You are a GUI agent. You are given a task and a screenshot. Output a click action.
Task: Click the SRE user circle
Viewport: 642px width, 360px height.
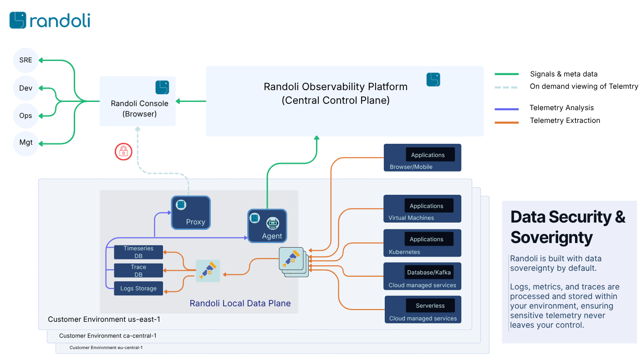click(x=26, y=60)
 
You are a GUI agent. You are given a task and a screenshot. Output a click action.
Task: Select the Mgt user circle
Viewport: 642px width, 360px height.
click(x=26, y=143)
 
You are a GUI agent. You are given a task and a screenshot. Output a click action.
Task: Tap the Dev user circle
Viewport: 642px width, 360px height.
click(x=26, y=88)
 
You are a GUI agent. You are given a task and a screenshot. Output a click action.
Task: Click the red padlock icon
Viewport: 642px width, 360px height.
click(x=123, y=151)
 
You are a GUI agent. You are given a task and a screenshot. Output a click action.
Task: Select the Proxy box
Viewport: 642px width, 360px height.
click(x=191, y=213)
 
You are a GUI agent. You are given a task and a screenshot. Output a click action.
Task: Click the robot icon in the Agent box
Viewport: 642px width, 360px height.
click(x=272, y=223)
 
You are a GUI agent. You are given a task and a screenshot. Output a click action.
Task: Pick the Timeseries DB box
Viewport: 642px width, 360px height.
click(x=138, y=252)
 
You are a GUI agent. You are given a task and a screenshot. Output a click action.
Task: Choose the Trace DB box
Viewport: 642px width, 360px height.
click(x=138, y=270)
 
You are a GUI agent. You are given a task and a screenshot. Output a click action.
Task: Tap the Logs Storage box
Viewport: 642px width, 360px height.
click(x=138, y=289)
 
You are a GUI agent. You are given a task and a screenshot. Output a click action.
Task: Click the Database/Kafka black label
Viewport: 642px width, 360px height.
click(x=428, y=272)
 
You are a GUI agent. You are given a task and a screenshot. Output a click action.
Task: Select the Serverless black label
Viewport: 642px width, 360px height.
click(x=430, y=305)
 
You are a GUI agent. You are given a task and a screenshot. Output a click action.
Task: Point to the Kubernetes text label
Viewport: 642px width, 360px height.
click(x=404, y=252)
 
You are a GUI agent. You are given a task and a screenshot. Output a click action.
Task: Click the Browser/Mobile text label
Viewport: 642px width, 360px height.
click(x=411, y=167)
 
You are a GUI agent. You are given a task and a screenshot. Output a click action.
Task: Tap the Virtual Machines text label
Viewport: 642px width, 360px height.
click(x=411, y=218)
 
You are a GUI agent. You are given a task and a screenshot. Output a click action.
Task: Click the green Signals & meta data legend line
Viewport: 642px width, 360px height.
click(x=506, y=74)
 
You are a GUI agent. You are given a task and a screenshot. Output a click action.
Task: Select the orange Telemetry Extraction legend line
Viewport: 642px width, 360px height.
click(x=506, y=122)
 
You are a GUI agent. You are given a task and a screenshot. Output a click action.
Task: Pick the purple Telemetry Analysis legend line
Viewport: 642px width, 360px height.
click(x=506, y=109)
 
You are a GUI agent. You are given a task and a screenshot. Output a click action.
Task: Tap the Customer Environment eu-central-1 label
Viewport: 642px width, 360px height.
click(x=106, y=348)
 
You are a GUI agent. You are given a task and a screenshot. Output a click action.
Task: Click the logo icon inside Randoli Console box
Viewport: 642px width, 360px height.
click(x=162, y=87)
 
